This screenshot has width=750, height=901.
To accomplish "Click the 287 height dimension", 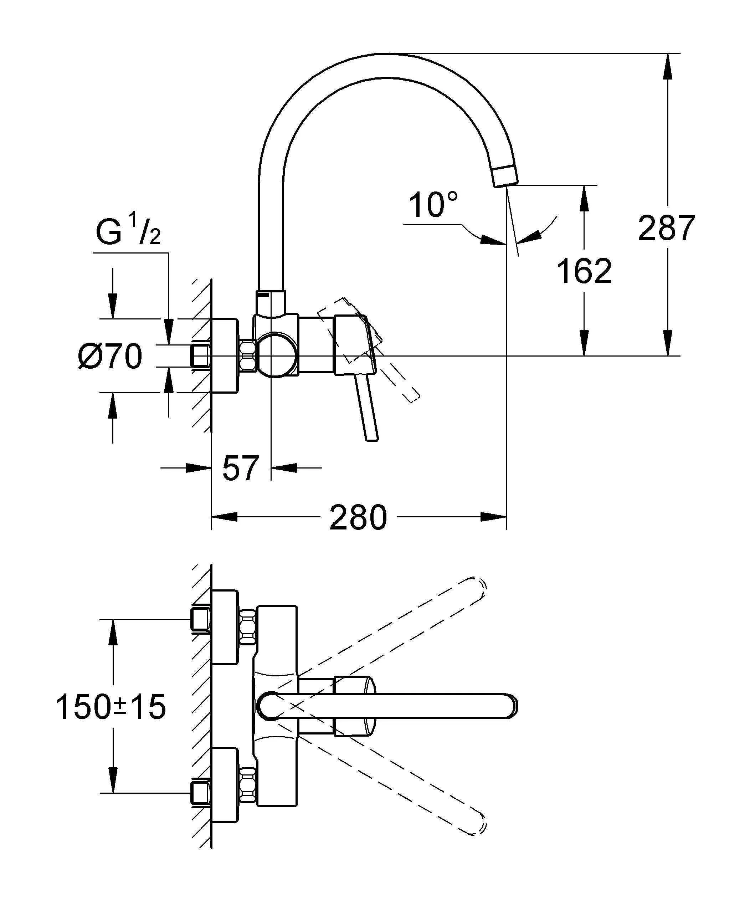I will pos(666,228).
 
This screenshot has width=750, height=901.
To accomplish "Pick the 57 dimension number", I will pos(241,468).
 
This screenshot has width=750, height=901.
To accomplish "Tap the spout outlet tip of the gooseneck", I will pos(506,177).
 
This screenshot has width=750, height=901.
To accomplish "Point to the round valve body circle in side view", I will pos(277,355).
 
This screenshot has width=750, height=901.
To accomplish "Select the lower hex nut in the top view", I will pos(248,785).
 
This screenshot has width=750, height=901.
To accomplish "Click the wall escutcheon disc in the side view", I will pos(224,356).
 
